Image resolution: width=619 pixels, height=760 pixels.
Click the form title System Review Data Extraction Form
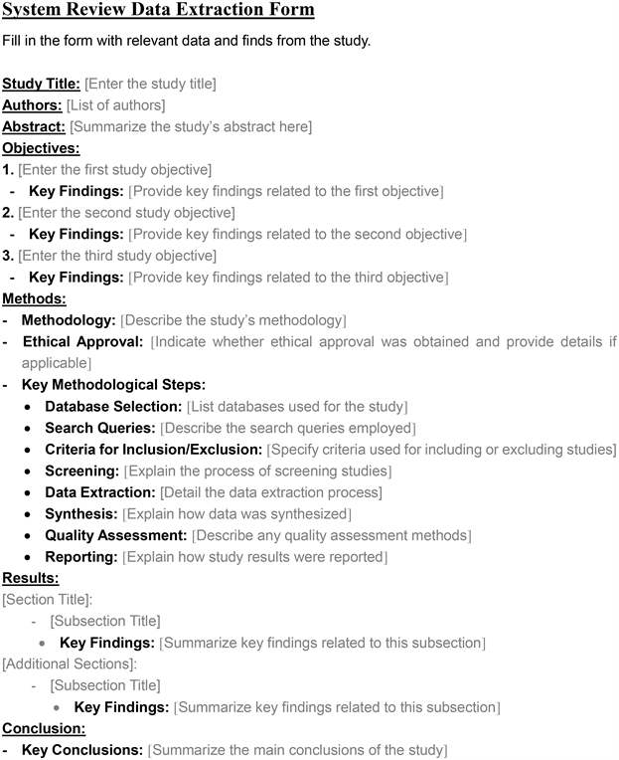(x=158, y=11)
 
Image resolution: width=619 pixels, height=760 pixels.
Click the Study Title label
(x=41, y=84)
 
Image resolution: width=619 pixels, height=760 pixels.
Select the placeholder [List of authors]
(x=115, y=104)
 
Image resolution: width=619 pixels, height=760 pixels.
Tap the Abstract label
(x=34, y=126)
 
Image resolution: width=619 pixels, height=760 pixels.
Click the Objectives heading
(x=41, y=148)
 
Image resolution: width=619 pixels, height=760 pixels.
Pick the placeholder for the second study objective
(x=126, y=212)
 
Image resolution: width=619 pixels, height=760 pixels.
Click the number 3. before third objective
(x=8, y=256)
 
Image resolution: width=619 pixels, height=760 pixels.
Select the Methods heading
(x=34, y=298)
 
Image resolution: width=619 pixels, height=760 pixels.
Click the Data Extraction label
(x=99, y=492)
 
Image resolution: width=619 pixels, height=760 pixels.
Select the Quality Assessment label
(x=115, y=535)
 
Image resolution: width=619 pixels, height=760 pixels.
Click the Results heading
(x=31, y=578)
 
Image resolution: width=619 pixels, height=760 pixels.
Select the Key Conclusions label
(x=81, y=749)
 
